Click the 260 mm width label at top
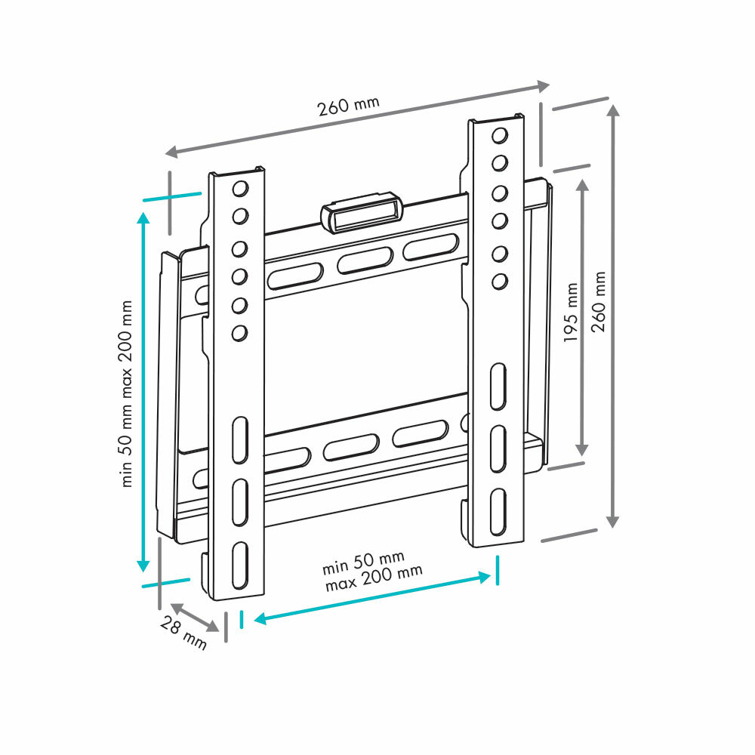click(x=348, y=104)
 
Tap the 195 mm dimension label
click(x=572, y=313)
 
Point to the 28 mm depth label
click(x=183, y=633)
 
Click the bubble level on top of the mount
click(x=361, y=213)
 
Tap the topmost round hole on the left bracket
click(x=241, y=188)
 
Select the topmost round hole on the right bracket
click(x=499, y=136)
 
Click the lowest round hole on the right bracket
click(x=499, y=282)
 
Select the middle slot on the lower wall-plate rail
click(x=351, y=448)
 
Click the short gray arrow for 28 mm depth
click(x=195, y=618)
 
